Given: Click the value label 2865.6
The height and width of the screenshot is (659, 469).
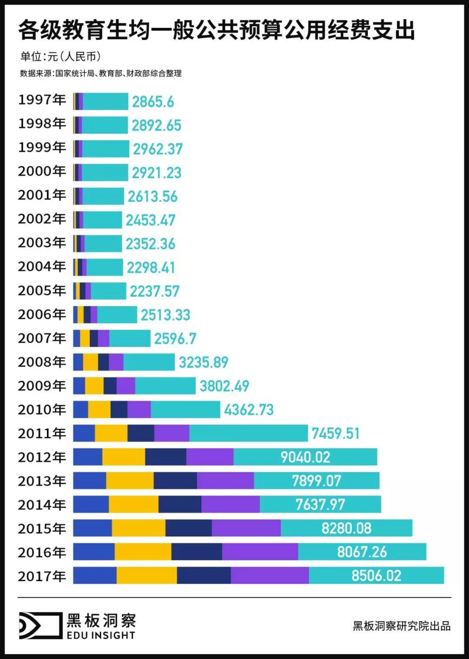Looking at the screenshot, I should click(153, 102).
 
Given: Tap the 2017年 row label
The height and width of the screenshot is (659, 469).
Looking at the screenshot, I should click(42, 576).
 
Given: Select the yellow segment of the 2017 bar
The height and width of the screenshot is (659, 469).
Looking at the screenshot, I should click(147, 575).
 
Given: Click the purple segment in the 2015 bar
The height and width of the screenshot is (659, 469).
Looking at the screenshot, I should click(246, 528).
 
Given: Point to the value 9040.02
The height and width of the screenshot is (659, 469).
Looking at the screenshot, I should click(305, 457).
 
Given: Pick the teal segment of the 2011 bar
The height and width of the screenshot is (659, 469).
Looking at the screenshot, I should click(248, 433).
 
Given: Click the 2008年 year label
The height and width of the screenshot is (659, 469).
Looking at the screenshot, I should click(42, 362).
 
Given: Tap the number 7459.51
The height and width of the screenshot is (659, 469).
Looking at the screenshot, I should click(336, 433).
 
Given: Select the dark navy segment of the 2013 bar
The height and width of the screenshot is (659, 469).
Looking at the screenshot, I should click(175, 480).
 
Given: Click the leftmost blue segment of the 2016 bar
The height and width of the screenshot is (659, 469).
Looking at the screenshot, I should click(94, 552).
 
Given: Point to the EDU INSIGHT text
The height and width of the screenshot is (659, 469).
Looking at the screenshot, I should click(101, 635).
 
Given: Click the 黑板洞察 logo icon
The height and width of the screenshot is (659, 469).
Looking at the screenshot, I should click(40, 626).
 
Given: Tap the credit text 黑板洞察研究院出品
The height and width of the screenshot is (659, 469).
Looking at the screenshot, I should click(401, 626).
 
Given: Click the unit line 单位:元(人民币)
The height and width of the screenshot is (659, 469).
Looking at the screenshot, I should click(61, 57).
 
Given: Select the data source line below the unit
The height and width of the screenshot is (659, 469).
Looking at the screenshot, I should click(101, 74).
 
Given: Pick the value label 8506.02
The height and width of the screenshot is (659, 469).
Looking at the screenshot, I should click(376, 575).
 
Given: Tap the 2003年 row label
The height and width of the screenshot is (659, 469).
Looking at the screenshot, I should click(42, 243).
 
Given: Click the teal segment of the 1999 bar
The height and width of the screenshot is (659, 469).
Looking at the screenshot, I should click(106, 149).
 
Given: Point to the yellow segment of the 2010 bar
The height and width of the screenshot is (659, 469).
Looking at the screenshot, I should click(99, 409).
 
